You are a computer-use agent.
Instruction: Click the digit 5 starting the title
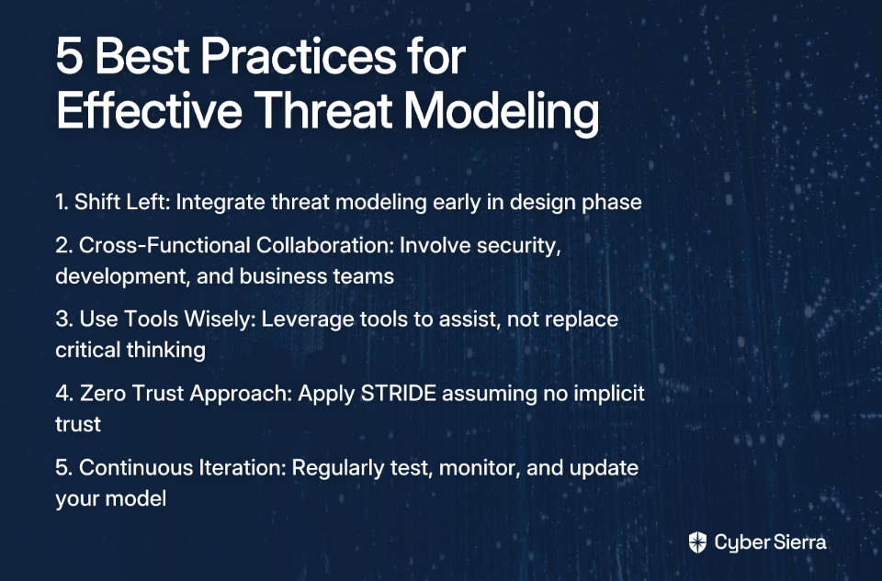pos(70,56)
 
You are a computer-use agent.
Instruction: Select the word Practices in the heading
pos(299,56)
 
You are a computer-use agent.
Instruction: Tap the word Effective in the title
pos(150,109)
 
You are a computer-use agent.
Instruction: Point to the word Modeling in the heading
pos(502,112)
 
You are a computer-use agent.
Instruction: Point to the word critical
pos(88,350)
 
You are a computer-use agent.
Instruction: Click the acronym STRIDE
pos(398,394)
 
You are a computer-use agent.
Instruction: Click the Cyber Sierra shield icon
pos(697,542)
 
